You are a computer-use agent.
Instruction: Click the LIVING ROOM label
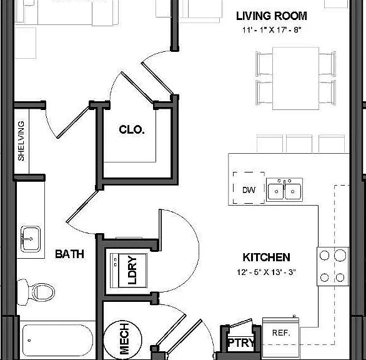tap(272, 16)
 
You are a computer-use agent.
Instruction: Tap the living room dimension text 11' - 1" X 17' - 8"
tap(272, 29)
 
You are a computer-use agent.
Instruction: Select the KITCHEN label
tap(266, 257)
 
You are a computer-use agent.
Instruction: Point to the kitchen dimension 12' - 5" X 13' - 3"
tap(266, 272)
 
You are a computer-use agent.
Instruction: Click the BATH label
tap(69, 254)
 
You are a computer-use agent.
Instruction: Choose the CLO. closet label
tap(132, 129)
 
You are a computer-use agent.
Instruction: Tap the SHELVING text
tap(21, 141)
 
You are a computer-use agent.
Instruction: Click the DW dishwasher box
tap(249, 188)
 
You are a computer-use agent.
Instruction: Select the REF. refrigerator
tap(281, 337)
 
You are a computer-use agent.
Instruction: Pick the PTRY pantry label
tap(241, 342)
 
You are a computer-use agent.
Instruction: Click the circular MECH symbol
tap(122, 339)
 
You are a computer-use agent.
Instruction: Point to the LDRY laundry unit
tap(129, 271)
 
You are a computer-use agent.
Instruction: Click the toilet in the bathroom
tap(36, 292)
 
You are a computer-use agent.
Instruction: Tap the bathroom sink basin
tap(31, 239)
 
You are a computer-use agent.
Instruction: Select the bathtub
tap(57, 340)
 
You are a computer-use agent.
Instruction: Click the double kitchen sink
tap(285, 190)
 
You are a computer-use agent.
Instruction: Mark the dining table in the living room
tap(296, 79)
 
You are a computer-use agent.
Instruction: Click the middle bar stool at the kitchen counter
tap(299, 144)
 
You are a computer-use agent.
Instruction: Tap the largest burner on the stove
tap(340, 255)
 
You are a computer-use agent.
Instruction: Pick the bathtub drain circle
tap(29, 341)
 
